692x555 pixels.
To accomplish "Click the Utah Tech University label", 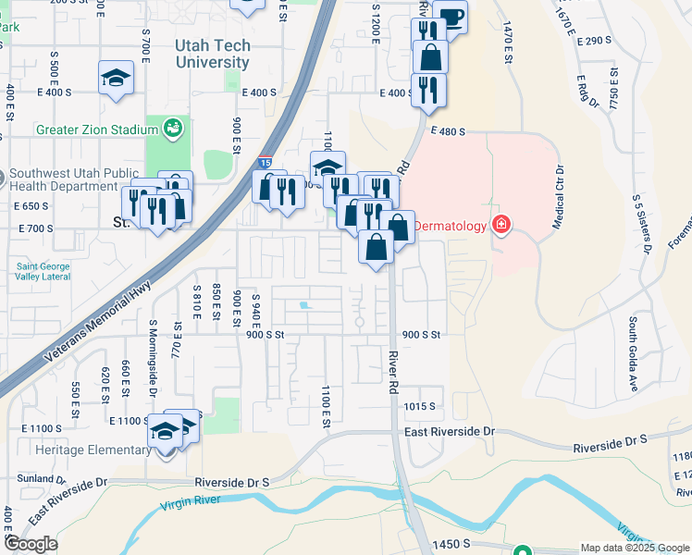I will (x=212, y=54).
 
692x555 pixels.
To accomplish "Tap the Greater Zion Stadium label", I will (x=97, y=129).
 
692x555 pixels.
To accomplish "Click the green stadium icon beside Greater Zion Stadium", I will (x=172, y=128).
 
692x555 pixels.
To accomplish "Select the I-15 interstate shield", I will (x=266, y=160).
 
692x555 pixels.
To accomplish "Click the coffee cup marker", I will (x=450, y=18).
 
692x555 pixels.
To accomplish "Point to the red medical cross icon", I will (x=501, y=224).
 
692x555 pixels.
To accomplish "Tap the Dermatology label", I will (x=452, y=225).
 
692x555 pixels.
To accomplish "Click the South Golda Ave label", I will (x=635, y=354).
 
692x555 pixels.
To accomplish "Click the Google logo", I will (x=31, y=545).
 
